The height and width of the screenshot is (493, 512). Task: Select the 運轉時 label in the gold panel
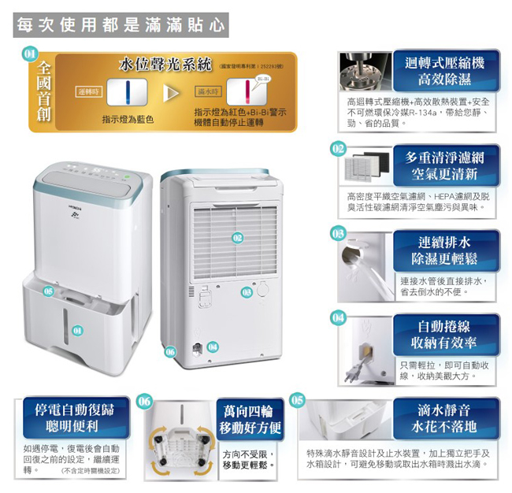point(91,92)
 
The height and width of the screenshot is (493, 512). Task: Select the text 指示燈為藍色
point(127,119)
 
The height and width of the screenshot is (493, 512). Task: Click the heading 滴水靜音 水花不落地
point(445,417)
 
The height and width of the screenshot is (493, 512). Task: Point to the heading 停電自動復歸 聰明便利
point(72,417)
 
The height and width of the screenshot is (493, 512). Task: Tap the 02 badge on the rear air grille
point(238,237)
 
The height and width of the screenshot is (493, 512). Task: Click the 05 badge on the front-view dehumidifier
point(48,291)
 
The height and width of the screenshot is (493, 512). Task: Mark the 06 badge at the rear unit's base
point(170,351)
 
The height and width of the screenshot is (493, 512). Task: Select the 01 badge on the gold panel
point(30,54)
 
